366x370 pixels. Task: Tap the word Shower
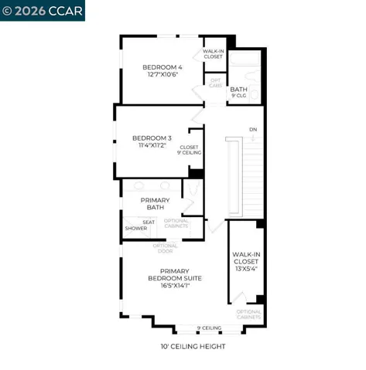[136, 229]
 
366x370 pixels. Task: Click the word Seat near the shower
[149, 222]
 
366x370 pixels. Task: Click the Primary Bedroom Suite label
[175, 274]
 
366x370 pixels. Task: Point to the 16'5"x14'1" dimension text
[175, 285]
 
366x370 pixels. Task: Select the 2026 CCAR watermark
[43, 11]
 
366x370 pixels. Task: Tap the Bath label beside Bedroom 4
[239, 90]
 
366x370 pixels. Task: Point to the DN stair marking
[252, 128]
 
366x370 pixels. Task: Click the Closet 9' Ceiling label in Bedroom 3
[190, 150]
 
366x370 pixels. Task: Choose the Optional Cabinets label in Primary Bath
[176, 224]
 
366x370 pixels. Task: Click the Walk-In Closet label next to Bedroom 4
[214, 54]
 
